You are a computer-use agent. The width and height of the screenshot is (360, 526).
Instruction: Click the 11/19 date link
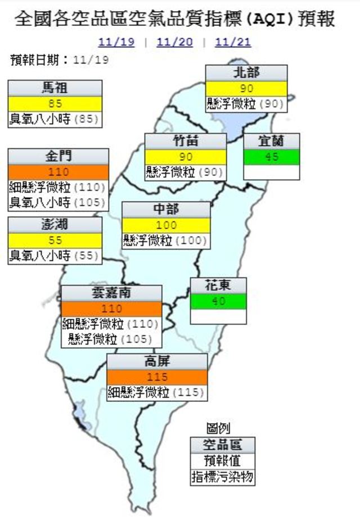[x=116, y=43]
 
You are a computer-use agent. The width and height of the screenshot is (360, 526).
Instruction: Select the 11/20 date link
[x=174, y=43]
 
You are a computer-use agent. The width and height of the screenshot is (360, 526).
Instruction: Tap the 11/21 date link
[x=232, y=43]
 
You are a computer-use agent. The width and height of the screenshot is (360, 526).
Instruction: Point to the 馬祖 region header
[x=55, y=88]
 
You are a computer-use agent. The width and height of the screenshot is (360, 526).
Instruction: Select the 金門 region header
[x=58, y=156]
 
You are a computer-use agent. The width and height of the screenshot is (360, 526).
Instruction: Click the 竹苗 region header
[x=186, y=142]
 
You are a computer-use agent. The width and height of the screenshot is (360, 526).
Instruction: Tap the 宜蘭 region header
[x=271, y=142]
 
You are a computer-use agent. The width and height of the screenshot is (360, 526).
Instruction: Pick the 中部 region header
[x=166, y=210]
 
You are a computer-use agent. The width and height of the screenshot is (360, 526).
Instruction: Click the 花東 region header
[x=218, y=285]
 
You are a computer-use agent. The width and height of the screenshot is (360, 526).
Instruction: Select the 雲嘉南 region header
[x=111, y=293]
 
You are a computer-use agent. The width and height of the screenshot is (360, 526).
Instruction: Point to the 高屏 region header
[x=157, y=362]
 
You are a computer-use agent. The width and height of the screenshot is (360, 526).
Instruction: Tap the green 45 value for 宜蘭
[x=271, y=157]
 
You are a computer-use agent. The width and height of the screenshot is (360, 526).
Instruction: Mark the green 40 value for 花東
[x=218, y=301]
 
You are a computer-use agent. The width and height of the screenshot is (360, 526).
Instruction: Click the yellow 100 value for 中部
[x=166, y=225]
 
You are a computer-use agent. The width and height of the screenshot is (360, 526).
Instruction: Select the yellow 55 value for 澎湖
[x=55, y=240]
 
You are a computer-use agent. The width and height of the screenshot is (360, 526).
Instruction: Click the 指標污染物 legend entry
[x=222, y=478]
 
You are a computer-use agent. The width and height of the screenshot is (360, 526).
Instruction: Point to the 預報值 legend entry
[x=222, y=461]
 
